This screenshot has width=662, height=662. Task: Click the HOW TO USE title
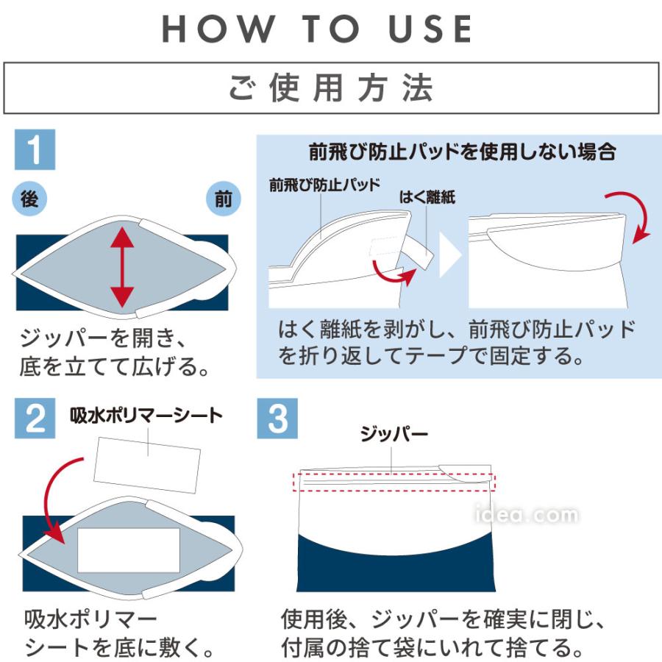pyautogui.click(x=317, y=29)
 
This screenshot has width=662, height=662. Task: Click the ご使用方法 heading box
pyautogui.click(x=331, y=88)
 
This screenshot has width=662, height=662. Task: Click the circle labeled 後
pyautogui.click(x=30, y=198)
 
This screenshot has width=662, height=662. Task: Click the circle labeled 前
pyautogui.click(x=223, y=199)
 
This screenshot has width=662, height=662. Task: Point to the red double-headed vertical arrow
pyautogui.click(x=122, y=266)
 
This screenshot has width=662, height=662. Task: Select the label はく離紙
pyautogui.click(x=427, y=196)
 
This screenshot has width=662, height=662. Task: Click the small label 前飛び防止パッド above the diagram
pyautogui.click(x=324, y=185)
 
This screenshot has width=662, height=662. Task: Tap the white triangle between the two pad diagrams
pyautogui.click(x=449, y=255)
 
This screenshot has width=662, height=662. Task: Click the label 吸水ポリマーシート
pyautogui.click(x=146, y=415)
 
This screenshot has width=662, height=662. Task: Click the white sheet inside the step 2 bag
pyautogui.click(x=129, y=549)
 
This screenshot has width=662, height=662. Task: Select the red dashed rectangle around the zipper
pyautogui.click(x=394, y=483)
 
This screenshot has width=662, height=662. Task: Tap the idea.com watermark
pyautogui.click(x=526, y=515)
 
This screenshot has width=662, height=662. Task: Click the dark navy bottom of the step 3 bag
pyautogui.click(x=397, y=570)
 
